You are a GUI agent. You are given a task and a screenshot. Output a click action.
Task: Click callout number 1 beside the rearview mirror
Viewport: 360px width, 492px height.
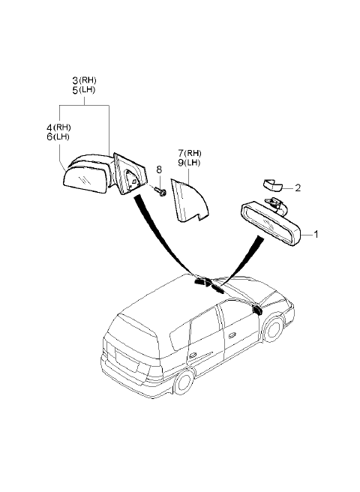tap(316, 234)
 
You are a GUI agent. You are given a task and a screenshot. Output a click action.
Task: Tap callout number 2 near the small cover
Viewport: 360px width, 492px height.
tap(298, 187)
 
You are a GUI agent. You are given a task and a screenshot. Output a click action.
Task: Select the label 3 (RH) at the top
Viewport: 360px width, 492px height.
tap(85, 80)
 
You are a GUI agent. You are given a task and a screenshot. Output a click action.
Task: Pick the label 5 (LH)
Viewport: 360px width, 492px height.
tap(84, 90)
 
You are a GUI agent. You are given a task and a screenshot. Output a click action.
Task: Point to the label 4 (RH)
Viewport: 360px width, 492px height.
tap(58, 127)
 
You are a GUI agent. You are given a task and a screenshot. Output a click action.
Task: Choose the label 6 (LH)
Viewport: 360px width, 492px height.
tap(58, 136)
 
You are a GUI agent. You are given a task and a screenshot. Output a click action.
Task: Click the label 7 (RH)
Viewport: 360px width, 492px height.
tap(190, 153)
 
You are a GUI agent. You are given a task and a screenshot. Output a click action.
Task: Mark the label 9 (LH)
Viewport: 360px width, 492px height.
tap(189, 163)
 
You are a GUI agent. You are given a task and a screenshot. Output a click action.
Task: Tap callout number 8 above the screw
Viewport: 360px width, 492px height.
tap(159, 169)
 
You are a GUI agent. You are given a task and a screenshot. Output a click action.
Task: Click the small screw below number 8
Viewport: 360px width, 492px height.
tap(161, 191)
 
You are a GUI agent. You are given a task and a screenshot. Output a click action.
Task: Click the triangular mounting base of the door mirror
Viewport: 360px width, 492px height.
tap(130, 174)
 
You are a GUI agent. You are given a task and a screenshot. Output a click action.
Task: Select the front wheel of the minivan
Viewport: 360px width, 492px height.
tap(273, 328)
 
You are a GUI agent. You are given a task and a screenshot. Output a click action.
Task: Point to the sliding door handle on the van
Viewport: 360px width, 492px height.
tap(190, 355)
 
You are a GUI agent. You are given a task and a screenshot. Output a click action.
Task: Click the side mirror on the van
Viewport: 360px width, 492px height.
tap(257, 309)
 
